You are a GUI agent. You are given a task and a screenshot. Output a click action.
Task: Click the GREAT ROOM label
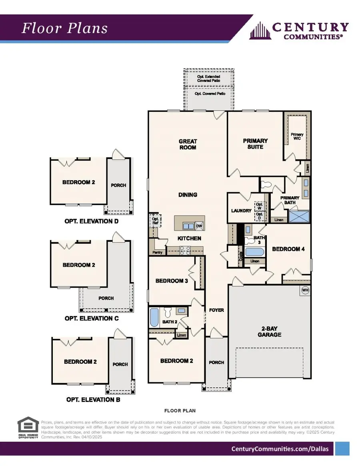(188, 144)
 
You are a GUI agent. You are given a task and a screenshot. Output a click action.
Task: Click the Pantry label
(157, 253)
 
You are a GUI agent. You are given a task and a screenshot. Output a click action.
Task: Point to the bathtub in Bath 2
(154, 317)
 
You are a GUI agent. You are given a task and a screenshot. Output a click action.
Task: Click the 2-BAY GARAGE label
(269, 331)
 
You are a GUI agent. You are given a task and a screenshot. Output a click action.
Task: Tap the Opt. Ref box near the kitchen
(155, 220)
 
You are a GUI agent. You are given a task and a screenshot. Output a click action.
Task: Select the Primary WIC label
(297, 136)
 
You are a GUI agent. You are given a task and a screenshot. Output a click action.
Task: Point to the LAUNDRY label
(241, 211)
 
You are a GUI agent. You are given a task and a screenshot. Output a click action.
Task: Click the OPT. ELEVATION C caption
(92, 319)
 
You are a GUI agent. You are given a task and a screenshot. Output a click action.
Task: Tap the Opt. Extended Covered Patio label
(208, 78)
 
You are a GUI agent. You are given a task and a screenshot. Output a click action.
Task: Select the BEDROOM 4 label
(288, 249)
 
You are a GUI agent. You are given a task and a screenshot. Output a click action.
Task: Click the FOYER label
(216, 310)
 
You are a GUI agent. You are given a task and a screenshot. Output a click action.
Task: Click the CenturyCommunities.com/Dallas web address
(280, 449)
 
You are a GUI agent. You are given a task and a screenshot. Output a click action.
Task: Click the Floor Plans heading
(64, 28)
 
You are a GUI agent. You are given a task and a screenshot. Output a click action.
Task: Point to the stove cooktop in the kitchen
(185, 250)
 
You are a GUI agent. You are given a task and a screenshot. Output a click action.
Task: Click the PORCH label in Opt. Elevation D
(118, 185)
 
